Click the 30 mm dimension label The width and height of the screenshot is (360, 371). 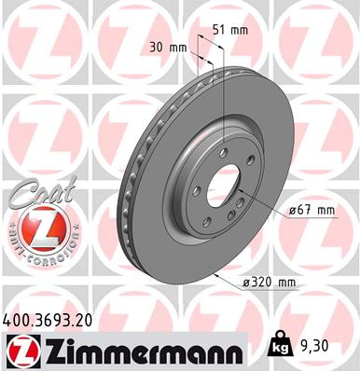(167, 46)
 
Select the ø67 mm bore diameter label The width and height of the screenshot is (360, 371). (311, 211)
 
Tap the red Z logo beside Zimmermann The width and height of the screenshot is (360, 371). (21, 350)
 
